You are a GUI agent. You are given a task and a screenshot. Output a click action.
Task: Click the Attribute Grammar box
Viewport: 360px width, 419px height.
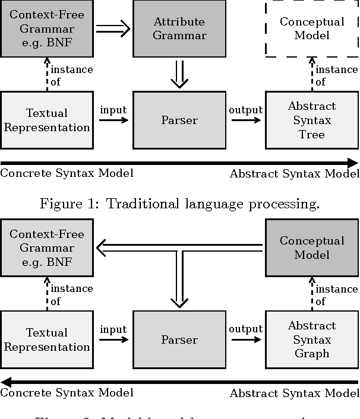tap(179, 28)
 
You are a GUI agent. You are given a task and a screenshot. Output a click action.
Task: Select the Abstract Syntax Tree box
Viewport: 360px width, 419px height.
tap(311, 120)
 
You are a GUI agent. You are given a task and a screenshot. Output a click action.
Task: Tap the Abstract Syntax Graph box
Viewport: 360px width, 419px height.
tap(311, 339)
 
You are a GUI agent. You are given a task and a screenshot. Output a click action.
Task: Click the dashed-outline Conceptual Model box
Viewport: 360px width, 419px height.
tap(312, 28)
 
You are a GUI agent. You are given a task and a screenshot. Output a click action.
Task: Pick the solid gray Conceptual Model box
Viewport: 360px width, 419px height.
tap(312, 247)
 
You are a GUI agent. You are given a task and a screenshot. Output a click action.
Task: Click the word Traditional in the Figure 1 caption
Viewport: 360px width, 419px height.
tap(138, 204)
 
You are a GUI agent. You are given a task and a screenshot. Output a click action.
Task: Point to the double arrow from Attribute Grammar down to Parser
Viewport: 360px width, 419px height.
tap(179, 74)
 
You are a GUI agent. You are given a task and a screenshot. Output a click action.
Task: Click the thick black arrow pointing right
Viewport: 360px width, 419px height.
tap(178, 163)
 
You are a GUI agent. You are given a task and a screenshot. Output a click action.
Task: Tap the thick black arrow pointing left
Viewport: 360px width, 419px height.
tap(178, 382)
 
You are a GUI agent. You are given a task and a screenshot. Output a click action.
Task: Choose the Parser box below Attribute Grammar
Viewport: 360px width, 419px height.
tap(179, 120)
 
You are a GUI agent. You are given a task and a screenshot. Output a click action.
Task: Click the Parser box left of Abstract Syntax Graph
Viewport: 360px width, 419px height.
tap(179, 339)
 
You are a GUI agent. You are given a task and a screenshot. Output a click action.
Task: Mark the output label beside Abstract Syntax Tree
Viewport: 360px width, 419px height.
tap(245, 110)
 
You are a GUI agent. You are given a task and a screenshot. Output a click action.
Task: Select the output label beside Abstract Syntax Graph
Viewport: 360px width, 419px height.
tap(245, 329)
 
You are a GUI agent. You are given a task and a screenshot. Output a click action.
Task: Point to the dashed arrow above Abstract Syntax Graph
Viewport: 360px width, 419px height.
tap(312, 294)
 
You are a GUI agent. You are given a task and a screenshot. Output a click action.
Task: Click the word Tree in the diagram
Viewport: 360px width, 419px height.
tap(312, 134)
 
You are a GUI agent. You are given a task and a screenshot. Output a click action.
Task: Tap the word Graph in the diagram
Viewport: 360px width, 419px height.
tap(312, 354)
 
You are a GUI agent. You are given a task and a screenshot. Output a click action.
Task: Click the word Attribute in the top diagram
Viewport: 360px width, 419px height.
tap(179, 22)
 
